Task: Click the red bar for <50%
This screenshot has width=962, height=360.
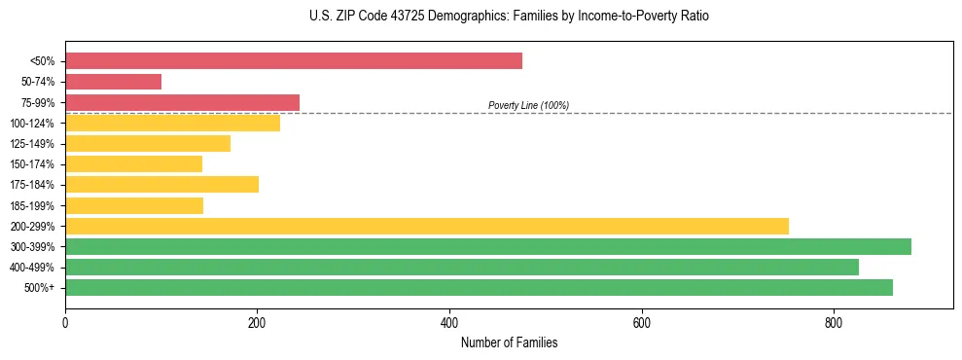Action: click(294, 61)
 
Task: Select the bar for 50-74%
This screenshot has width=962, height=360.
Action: click(113, 82)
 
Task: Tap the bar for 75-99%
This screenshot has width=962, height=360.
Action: click(182, 102)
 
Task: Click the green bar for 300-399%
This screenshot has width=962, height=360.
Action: click(488, 246)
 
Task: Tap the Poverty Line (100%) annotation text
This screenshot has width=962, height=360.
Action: click(528, 105)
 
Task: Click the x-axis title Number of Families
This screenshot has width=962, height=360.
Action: click(509, 342)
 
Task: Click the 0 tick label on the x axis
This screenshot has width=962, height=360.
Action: click(65, 322)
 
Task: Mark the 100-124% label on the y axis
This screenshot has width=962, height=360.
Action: click(32, 124)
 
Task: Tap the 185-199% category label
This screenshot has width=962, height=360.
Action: click(32, 205)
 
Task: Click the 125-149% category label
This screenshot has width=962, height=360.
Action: click(32, 144)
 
